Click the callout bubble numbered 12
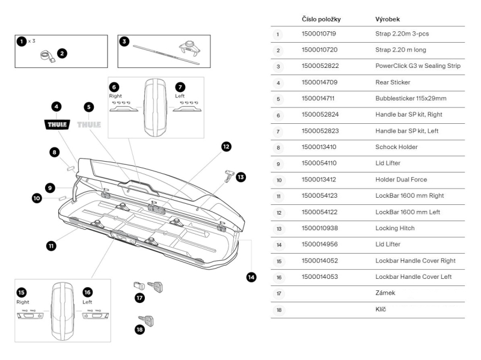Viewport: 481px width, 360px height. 226,146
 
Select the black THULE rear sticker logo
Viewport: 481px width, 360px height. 58,126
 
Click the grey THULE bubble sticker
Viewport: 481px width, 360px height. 90,126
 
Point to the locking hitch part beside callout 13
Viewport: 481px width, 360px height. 227,175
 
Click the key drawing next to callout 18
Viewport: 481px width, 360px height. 146,320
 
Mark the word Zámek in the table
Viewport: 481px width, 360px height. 387,293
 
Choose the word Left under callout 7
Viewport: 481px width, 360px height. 180,96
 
